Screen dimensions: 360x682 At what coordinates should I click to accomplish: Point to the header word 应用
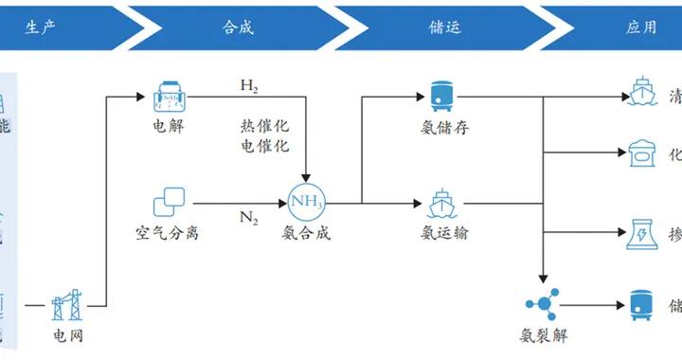coord(641,27)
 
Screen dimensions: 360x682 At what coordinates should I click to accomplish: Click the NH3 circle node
coord(307,202)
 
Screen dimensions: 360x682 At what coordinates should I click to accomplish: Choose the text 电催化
coord(264,147)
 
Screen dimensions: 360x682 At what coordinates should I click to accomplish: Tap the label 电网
coord(67,335)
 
